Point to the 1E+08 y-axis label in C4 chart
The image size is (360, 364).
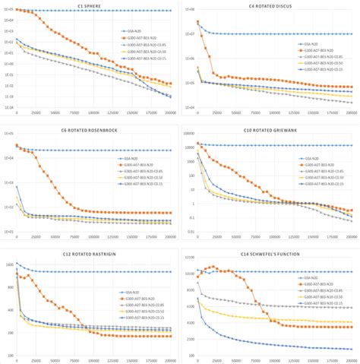[x=188, y=10]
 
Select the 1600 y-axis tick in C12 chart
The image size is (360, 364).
[x=9, y=265]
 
